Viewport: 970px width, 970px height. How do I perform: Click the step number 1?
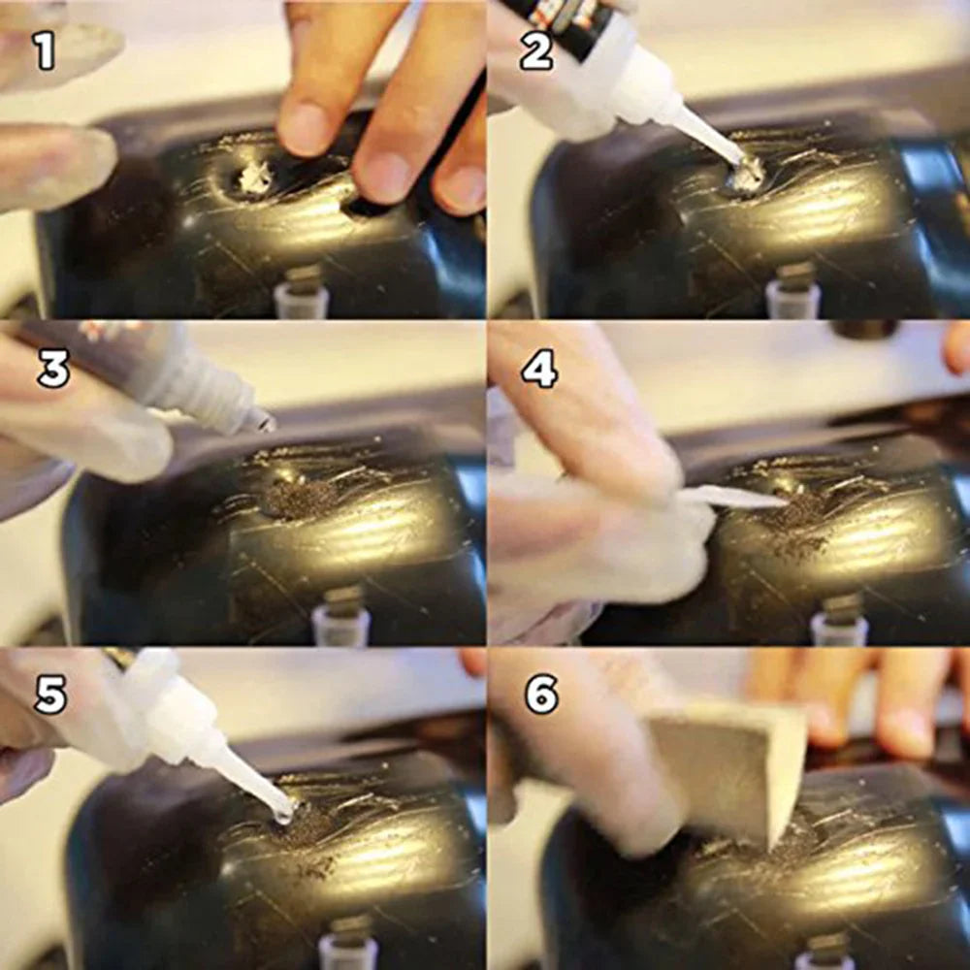pos(45,50)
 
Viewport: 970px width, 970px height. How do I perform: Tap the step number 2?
pos(536,50)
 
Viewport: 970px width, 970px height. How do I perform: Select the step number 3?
pos(53,370)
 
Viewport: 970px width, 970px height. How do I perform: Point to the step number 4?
pos(539,370)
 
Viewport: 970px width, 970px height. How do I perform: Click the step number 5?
pos(50,695)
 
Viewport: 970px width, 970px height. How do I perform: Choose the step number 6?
pos(542,695)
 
